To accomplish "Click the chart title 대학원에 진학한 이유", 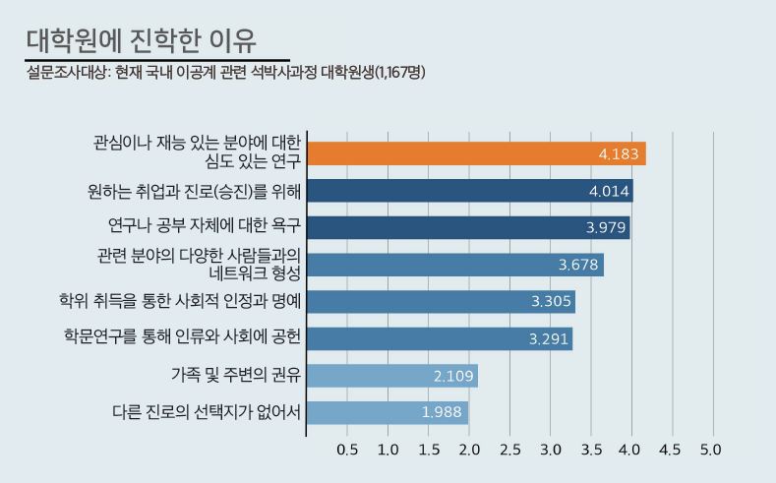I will point(143,40).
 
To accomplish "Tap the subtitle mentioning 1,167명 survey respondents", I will point(225,71).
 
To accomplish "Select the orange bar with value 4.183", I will point(476,153).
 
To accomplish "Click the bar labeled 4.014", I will point(469,191).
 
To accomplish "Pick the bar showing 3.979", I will point(468,227).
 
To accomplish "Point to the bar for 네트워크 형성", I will point(454,264).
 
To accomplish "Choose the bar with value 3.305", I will point(440,301).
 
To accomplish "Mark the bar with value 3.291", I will point(439,338).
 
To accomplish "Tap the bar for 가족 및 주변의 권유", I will point(391,376).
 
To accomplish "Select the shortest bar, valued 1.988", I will point(387,412).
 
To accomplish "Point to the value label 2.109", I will point(452,376).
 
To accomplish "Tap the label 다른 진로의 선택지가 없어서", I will point(207,411).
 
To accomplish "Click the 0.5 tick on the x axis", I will point(347,450).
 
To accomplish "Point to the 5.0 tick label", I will point(710,450).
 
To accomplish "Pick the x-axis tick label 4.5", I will point(670,450).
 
